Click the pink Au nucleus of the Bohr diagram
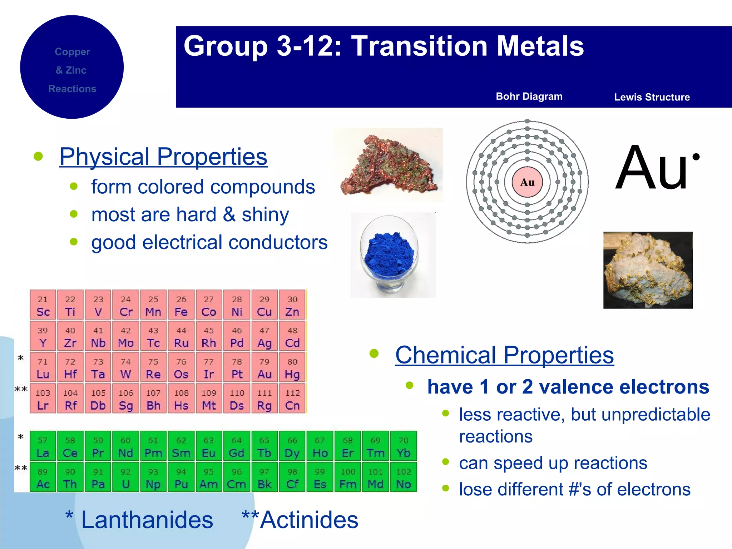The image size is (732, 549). [x=527, y=182]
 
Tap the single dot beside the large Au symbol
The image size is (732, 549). [x=696, y=157]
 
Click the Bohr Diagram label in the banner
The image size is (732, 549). [x=529, y=97]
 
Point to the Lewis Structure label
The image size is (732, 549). [x=652, y=97]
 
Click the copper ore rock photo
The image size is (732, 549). [x=389, y=165]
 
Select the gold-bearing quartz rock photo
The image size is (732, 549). [x=648, y=270]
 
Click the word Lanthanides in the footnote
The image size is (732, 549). [x=147, y=520]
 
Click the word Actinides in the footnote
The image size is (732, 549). [x=309, y=520]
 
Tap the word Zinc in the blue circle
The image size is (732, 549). [x=76, y=70]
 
